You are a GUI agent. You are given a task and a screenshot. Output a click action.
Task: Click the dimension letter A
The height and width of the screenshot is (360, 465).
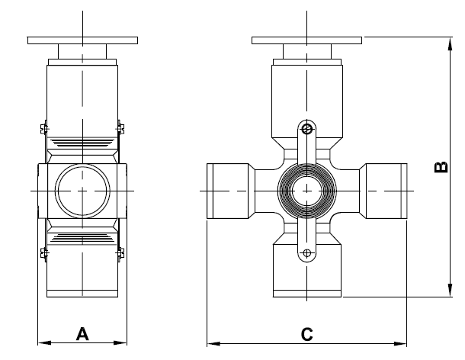pyautogui.click(x=82, y=334)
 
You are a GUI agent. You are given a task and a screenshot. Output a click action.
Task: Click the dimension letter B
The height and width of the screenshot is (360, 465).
pyautogui.click(x=441, y=167)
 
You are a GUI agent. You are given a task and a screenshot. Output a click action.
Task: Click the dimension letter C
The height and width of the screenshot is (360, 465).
pyautogui.click(x=307, y=334)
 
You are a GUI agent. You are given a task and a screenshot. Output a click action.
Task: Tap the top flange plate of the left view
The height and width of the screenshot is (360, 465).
pyautogui.click(x=82, y=40)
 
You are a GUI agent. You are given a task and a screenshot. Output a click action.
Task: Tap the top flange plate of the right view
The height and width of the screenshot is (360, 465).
pyautogui.click(x=306, y=40)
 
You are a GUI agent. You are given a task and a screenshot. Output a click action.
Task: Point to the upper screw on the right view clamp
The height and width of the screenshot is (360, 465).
pyautogui.click(x=307, y=129)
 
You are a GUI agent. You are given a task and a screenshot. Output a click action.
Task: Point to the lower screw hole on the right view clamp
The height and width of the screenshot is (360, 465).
pyautogui.click(x=307, y=253)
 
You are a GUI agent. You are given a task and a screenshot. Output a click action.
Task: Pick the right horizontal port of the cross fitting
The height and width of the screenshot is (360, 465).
pyautogui.click(x=383, y=191)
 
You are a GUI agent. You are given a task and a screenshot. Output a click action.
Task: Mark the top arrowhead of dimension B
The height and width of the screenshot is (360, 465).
pyautogui.click(x=451, y=43)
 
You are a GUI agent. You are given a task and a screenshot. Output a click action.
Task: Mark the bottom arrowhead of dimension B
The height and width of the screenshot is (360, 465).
pyautogui.click(x=451, y=290)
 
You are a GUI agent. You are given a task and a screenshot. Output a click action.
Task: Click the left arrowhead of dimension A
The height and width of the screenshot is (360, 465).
pyautogui.click(x=44, y=342)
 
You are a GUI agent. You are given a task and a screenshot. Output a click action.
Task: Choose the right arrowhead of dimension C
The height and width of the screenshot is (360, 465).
pyautogui.click(x=400, y=344)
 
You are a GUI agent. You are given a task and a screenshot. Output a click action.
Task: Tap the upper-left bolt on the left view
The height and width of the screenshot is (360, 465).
pyautogui.click(x=44, y=128)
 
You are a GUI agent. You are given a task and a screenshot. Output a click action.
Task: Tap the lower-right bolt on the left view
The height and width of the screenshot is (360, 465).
pyautogui.click(x=120, y=253)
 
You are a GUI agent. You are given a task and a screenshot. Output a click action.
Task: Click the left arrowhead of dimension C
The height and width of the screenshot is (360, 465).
pyautogui.click(x=213, y=344)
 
